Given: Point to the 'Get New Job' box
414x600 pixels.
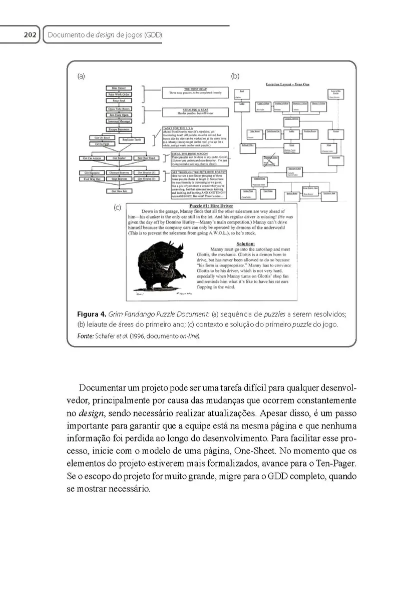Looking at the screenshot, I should [118, 191].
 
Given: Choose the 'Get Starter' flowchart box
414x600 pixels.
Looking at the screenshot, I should [119, 158].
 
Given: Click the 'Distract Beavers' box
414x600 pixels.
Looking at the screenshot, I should [119, 173].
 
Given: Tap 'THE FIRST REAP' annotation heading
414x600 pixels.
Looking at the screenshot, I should [195, 89].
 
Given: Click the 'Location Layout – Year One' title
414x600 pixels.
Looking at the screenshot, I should [287, 84].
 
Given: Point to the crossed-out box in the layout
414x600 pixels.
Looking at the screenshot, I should [271, 158].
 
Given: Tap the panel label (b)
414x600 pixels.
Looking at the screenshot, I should [235, 76].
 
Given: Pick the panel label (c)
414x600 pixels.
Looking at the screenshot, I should [118, 207].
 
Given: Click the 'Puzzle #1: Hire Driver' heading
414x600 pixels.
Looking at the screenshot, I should [211, 205].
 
